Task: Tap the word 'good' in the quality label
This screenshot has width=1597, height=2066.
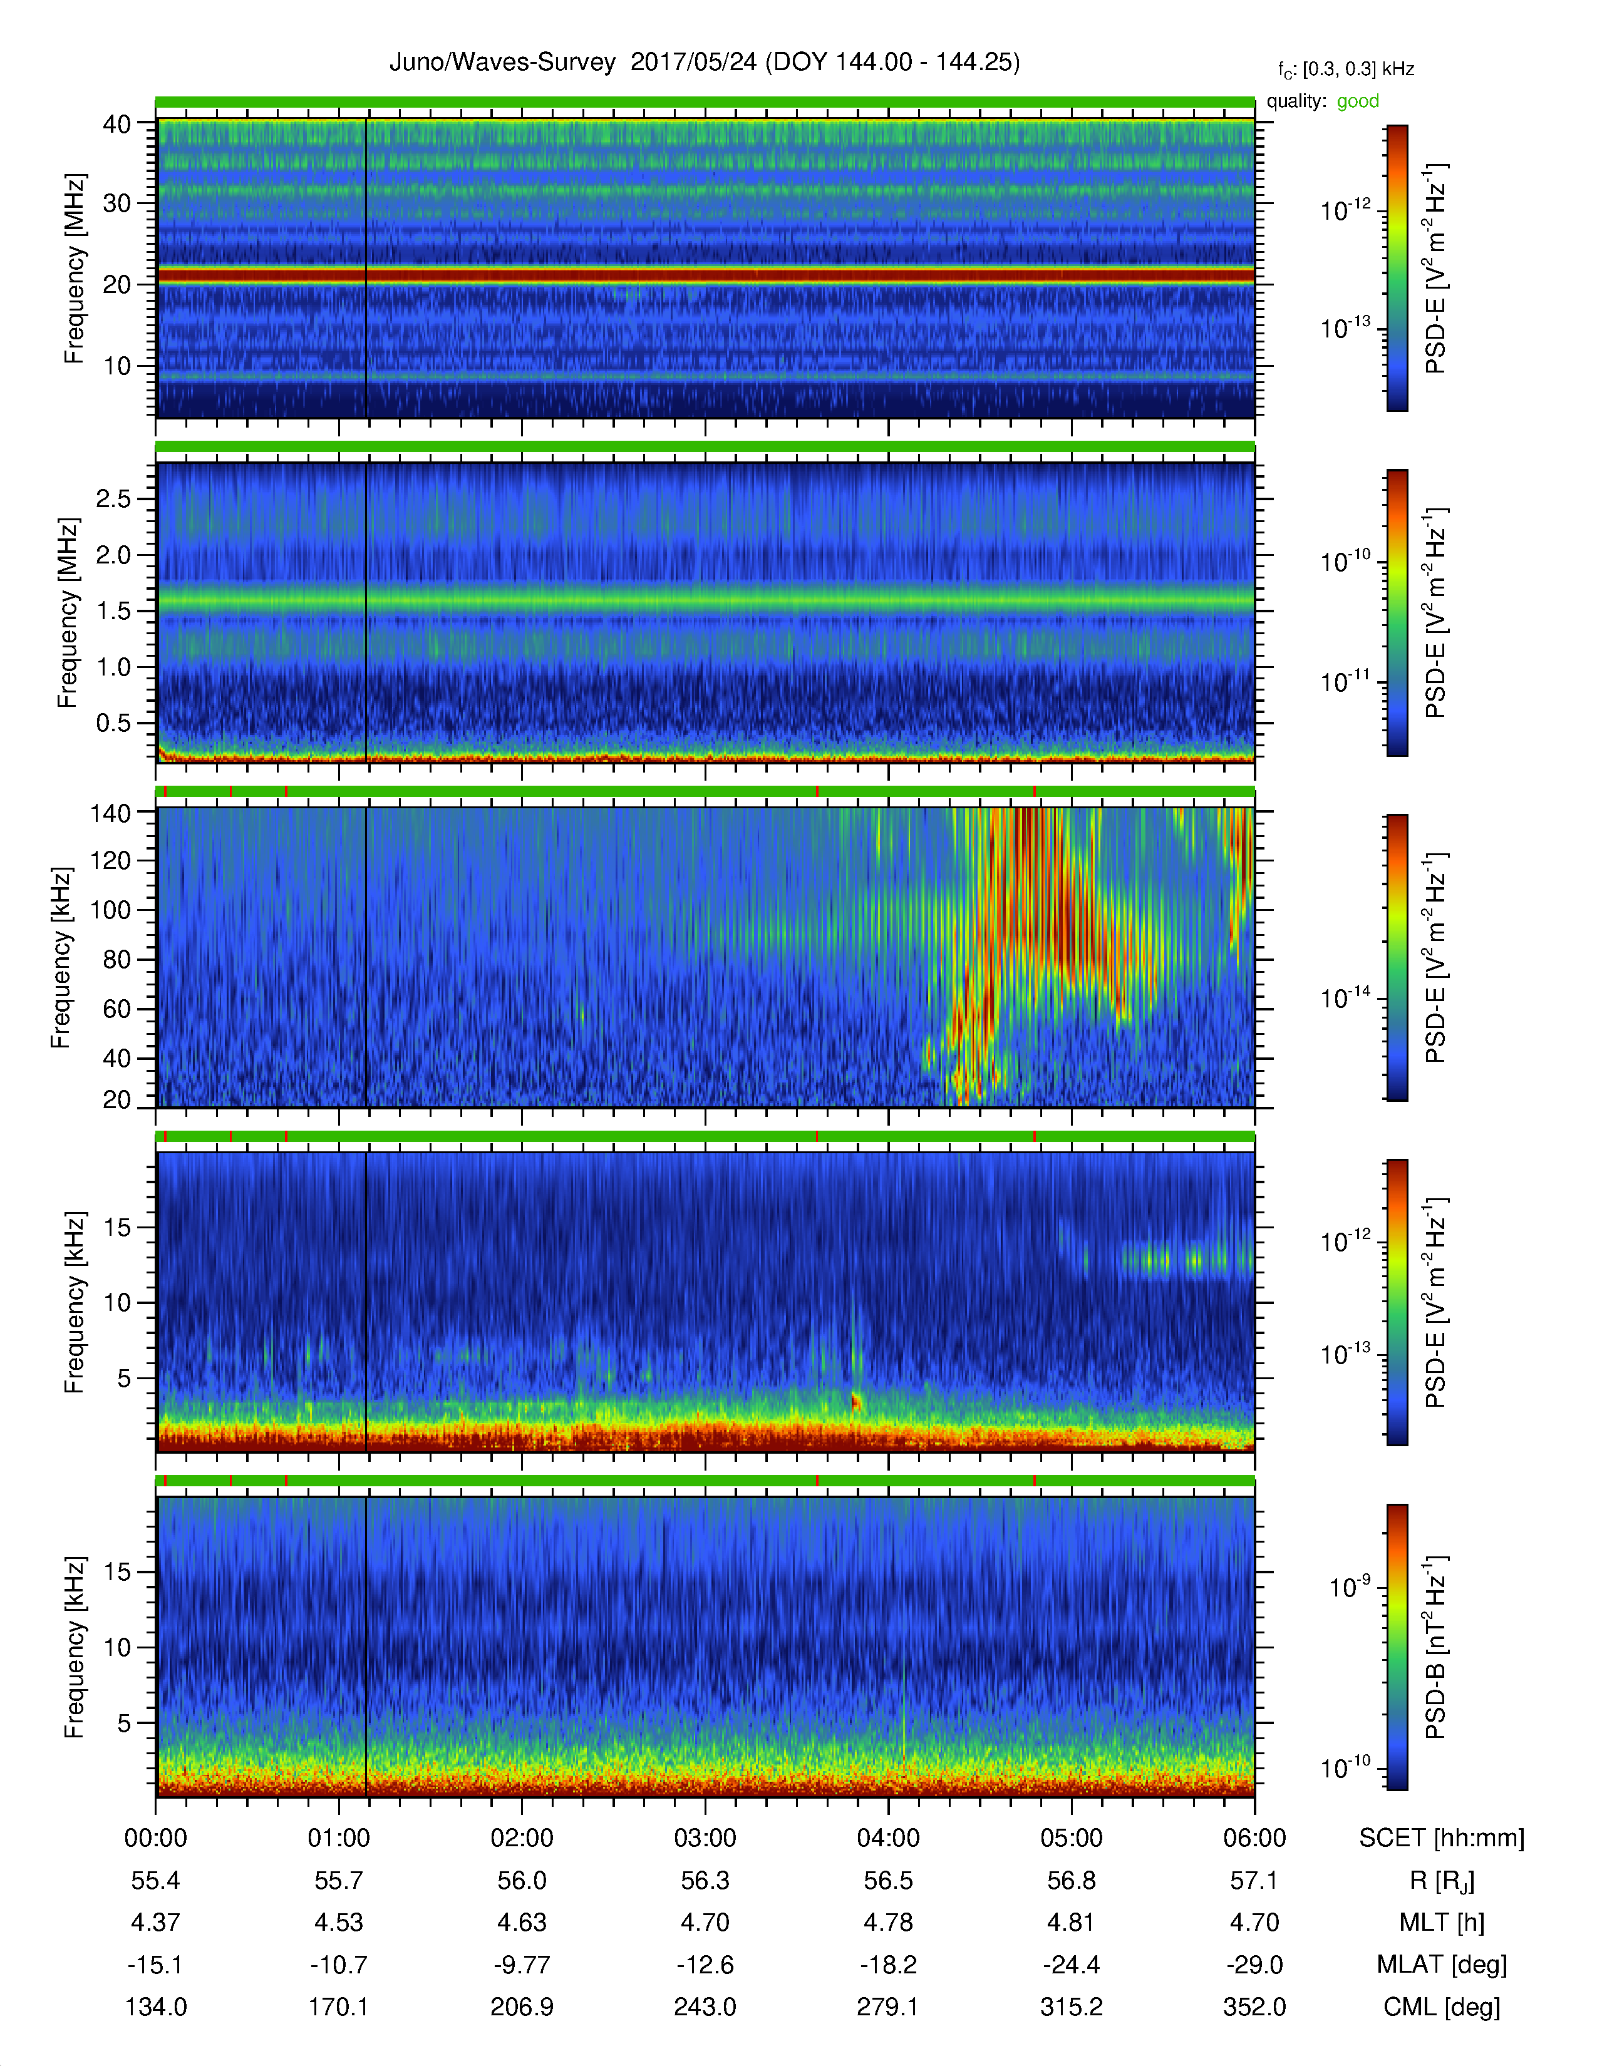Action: (x=1358, y=101)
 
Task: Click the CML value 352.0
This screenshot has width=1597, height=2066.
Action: (x=1254, y=2007)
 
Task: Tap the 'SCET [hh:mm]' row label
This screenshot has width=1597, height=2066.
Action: (x=1441, y=1838)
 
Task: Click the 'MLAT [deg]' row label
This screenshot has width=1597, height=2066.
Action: (x=1441, y=1965)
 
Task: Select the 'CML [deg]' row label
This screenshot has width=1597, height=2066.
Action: (x=1441, y=2007)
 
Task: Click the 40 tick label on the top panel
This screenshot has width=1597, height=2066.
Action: (x=117, y=124)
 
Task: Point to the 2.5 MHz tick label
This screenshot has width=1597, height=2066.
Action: (x=113, y=498)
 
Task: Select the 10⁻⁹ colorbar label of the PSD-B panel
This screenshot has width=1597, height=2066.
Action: (x=1349, y=1586)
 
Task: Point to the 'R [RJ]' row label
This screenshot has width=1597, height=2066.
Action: (x=1441, y=1881)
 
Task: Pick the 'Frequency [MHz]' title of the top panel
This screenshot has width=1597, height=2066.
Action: (x=75, y=268)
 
